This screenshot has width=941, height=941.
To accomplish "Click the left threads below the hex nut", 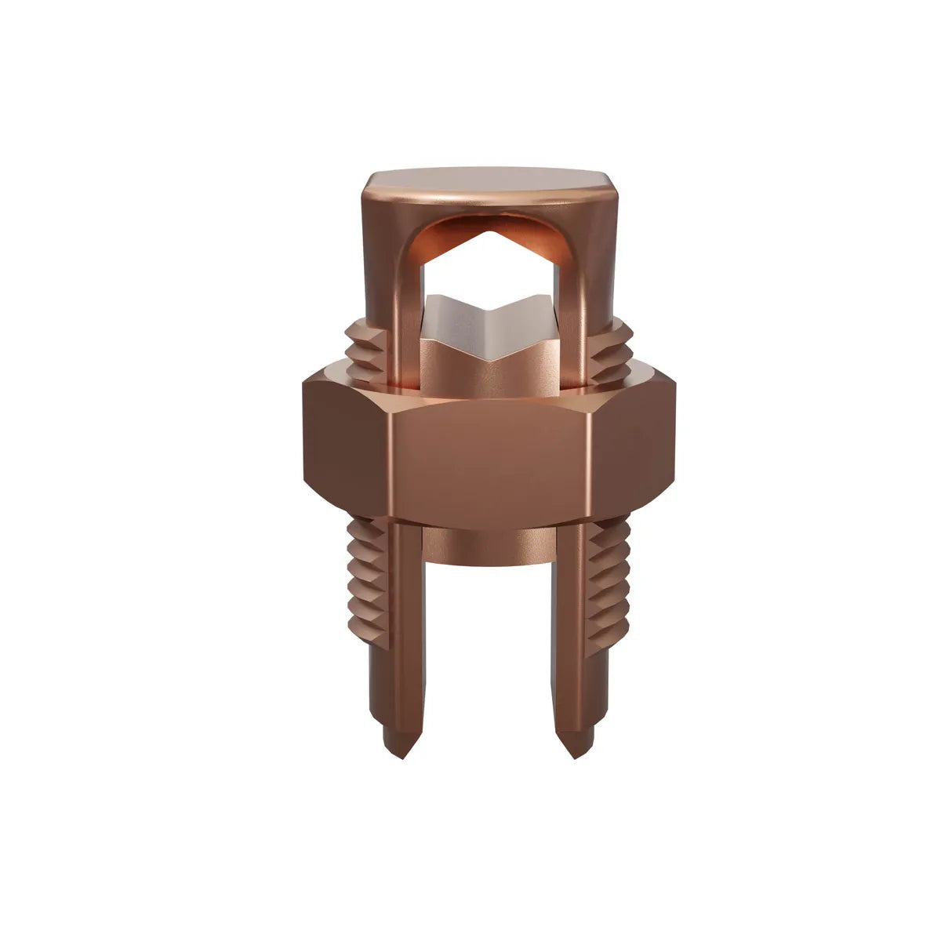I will pyautogui.click(x=366, y=580).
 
